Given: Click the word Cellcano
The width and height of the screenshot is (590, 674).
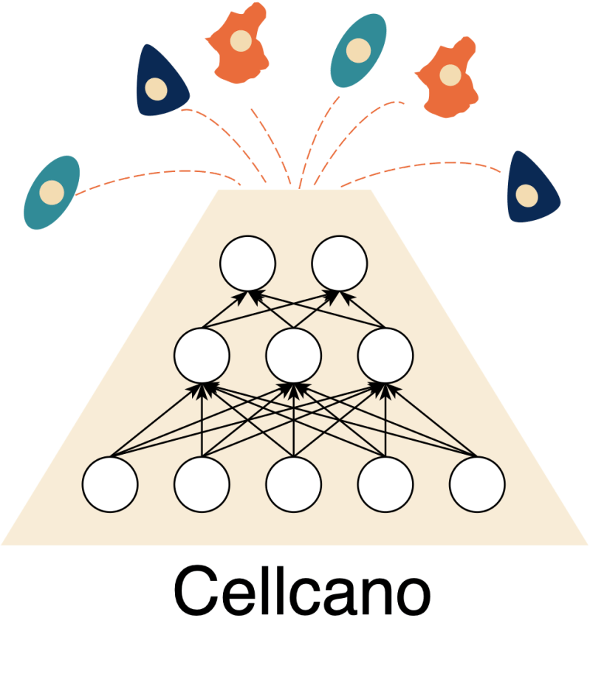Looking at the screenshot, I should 301,593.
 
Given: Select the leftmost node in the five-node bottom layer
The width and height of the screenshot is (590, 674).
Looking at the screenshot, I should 110,485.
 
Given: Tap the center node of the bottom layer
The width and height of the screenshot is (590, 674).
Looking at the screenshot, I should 294,485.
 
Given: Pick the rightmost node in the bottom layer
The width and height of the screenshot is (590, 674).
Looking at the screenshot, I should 478,485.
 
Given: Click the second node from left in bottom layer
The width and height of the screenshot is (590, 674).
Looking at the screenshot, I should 202,485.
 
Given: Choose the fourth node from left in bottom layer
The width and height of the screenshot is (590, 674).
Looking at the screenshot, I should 385,485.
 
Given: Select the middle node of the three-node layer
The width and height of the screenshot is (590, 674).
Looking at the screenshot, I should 294,355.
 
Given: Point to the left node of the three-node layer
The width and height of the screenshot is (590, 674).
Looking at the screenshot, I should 202,355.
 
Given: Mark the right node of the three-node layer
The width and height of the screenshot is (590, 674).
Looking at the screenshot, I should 385,355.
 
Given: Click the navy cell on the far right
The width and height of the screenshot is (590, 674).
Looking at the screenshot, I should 532,189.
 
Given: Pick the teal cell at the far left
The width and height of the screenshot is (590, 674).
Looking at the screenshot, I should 52,192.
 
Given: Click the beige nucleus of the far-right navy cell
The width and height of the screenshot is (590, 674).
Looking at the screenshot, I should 526,196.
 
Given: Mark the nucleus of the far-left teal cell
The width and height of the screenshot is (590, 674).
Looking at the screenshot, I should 53,192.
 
